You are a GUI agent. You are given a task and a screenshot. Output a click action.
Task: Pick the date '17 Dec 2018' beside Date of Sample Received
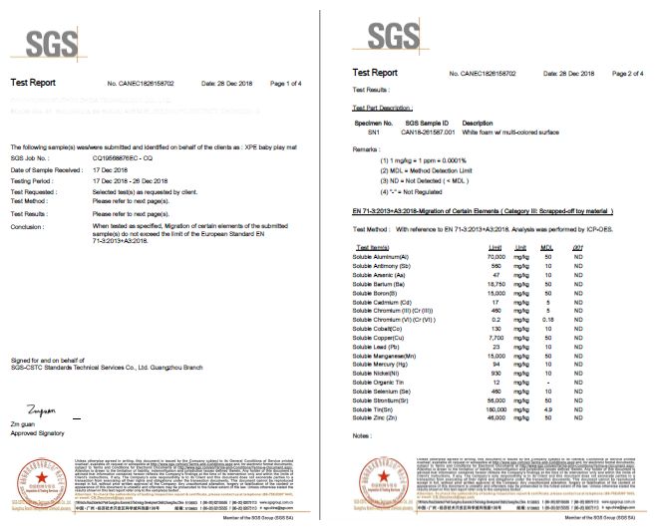pos(112,171)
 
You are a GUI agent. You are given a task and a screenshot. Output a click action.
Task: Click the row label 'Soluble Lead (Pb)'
pos(375,345)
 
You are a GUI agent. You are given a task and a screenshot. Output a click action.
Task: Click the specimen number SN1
pos(374,130)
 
